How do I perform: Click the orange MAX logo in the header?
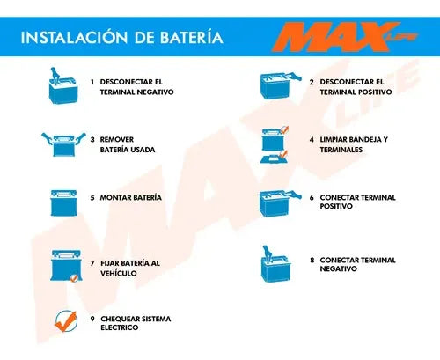coord(345,37)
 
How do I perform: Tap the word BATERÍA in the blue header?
coord(192,37)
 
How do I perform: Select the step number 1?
coord(92,82)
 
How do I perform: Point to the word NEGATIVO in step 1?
coord(155,92)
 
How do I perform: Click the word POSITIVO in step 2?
coord(373,92)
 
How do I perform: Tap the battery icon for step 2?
coord(280,85)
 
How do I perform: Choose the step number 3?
coord(92,140)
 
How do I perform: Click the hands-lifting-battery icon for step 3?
coord(63,144)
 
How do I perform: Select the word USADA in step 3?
coord(143,150)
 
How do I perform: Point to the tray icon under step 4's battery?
coord(275,158)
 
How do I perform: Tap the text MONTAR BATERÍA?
coord(131,198)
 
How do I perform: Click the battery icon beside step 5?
coord(64,203)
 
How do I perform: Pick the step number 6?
coord(312,198)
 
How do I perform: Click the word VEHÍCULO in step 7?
coord(119,274)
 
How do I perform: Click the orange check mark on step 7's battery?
coord(74,277)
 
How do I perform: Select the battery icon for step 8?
coord(275,263)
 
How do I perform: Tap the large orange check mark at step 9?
coord(66,321)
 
